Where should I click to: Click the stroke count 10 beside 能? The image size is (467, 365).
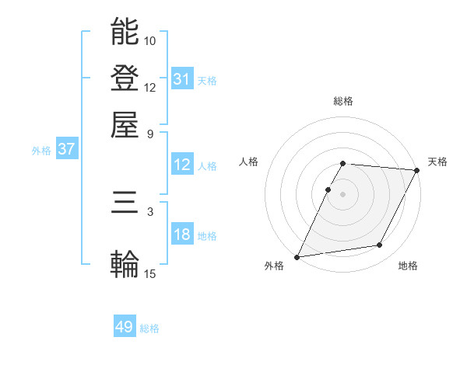pos(150,40)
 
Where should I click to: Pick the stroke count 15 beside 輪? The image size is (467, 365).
pos(150,273)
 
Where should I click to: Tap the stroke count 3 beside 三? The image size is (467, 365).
pos(150,212)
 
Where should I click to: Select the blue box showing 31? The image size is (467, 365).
pos(182,78)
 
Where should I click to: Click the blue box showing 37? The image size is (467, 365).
pos(66,149)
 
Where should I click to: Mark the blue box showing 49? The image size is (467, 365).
pos(125,327)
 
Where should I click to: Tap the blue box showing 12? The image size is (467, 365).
pos(182,165)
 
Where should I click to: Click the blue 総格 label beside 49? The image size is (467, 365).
pos(149,328)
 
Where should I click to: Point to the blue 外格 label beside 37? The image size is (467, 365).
pos(41,151)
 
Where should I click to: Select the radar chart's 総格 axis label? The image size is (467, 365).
pos(342,102)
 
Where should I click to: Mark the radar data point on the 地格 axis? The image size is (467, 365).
pos(380,245)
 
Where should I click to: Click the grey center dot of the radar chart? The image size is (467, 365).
pos(342,194)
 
